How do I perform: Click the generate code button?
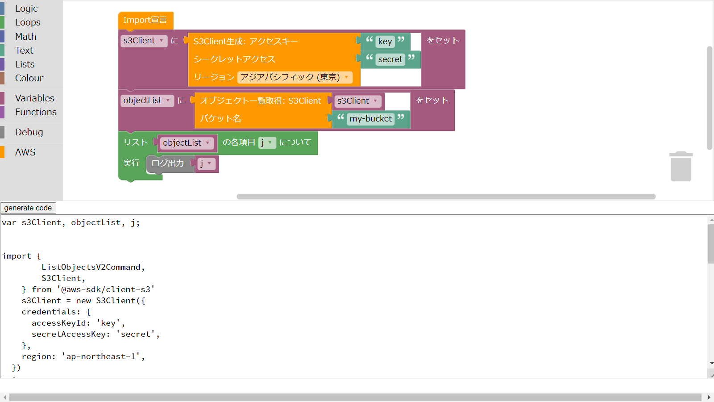pyautogui.click(x=28, y=208)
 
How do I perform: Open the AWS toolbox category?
pyautogui.click(x=25, y=152)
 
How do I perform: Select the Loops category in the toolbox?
pyautogui.click(x=28, y=22)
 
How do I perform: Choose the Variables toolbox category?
pyautogui.click(x=35, y=98)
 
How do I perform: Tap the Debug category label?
pyautogui.click(x=29, y=132)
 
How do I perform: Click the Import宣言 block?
pyautogui.click(x=145, y=21)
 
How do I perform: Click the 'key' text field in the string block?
pyautogui.click(x=385, y=42)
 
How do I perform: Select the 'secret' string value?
pyautogui.click(x=390, y=59)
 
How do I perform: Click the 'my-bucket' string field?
pyautogui.click(x=370, y=119)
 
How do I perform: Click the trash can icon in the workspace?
pyautogui.click(x=681, y=166)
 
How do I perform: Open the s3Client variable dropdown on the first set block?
pyautogui.click(x=144, y=41)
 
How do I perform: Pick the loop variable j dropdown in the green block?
pyautogui.click(x=267, y=142)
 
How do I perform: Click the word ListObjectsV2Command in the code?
pyautogui.click(x=91, y=267)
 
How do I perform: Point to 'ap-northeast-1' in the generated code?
pyautogui.click(x=101, y=356)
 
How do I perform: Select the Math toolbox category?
pyautogui.click(x=26, y=36)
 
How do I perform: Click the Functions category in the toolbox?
pyautogui.click(x=36, y=112)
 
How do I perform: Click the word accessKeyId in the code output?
pyautogui.click(x=58, y=323)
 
